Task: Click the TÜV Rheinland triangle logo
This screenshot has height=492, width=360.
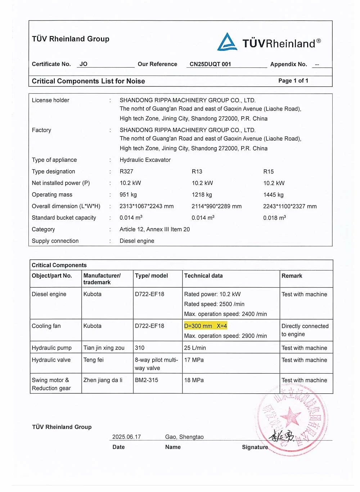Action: click(227, 42)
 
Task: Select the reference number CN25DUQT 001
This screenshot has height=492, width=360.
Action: click(210, 64)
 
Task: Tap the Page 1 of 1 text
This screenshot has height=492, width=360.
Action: click(293, 81)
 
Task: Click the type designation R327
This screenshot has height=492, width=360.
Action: click(126, 171)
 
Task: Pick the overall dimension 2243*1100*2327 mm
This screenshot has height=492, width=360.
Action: click(290, 206)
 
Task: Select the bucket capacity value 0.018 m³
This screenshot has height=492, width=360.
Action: click(274, 218)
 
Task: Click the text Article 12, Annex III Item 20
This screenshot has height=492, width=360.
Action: click(154, 229)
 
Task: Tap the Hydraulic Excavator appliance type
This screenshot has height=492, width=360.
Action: click(145, 160)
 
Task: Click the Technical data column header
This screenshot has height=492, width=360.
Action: click(203, 276)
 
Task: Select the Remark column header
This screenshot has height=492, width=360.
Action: click(292, 276)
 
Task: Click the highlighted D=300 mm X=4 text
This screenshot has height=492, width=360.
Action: click(206, 326)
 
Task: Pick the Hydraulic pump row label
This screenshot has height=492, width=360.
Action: click(51, 348)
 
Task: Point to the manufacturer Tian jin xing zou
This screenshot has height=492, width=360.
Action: click(104, 348)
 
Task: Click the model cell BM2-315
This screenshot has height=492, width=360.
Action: click(146, 380)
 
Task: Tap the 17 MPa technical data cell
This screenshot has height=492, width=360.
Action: click(194, 360)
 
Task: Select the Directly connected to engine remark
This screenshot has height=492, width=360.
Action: click(305, 330)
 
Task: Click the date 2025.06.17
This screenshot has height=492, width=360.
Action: click(126, 437)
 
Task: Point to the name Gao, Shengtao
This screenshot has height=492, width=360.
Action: click(184, 437)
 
